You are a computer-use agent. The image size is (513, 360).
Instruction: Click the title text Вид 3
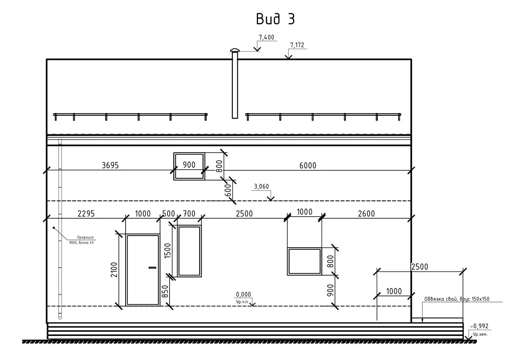275,19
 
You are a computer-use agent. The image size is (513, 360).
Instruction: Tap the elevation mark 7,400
266,37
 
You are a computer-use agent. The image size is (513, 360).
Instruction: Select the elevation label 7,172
297,45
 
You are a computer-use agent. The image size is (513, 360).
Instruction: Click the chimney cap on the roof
235,51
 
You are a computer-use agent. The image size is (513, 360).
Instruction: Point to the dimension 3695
110,165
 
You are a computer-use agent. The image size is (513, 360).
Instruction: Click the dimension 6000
307,165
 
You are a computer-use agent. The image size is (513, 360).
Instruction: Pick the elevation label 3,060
261,187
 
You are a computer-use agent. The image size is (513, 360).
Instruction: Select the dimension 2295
86,214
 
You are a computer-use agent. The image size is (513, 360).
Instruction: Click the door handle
153,267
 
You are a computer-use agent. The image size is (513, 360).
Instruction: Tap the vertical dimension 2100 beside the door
114,270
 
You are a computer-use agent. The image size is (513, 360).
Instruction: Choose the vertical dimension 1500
168,251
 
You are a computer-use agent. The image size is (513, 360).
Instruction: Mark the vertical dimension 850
165,291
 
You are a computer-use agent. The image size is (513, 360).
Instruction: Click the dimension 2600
366,214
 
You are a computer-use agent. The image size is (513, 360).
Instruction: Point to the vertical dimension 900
330,291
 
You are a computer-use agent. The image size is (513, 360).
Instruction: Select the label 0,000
243,294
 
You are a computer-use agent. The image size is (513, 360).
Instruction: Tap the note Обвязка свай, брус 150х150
456,299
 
